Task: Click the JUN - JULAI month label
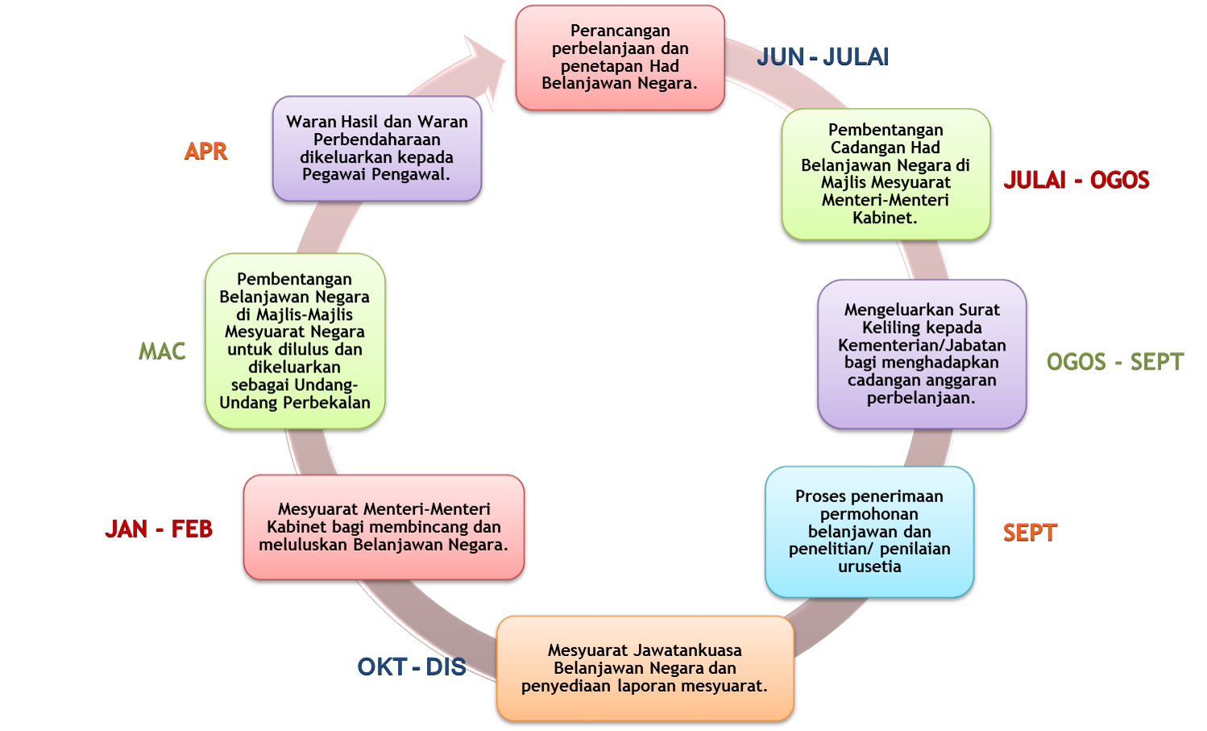tap(823, 57)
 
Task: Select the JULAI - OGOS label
tap(1076, 180)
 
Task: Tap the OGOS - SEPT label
tap(1114, 361)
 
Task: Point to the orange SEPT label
tap(1030, 532)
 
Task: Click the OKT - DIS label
tap(412, 667)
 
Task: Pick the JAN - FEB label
tap(159, 529)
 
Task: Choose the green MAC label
tap(162, 351)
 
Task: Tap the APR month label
tap(205, 151)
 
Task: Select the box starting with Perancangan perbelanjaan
tap(620, 57)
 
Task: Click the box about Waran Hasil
tap(376, 148)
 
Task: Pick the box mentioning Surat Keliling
tap(922, 353)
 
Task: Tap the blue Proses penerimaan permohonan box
tap(869, 531)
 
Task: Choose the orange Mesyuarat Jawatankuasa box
tap(645, 668)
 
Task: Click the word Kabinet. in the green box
tap(885, 218)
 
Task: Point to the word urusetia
tap(869, 567)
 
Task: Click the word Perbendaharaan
tap(376, 139)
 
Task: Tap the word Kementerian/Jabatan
tap(922, 345)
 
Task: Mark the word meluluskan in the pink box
tap(303, 545)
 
